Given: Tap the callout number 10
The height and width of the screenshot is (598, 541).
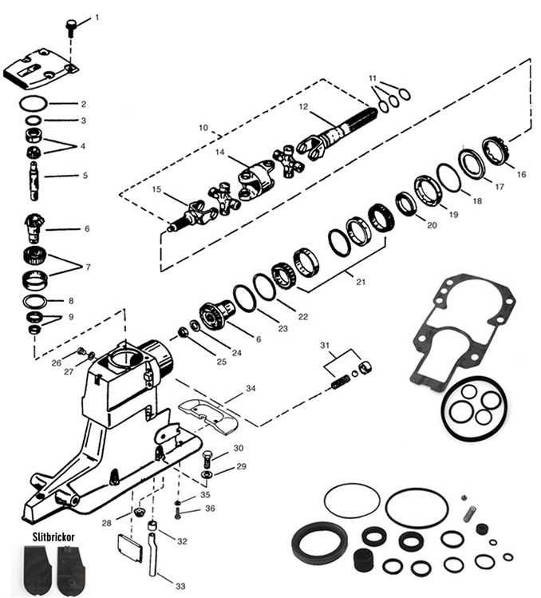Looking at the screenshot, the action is (203, 128).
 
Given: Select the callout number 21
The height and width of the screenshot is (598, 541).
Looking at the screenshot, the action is (361, 282).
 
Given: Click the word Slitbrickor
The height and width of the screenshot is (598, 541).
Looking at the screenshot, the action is (53, 537).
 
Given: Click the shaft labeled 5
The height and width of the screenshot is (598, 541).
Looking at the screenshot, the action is (34, 180).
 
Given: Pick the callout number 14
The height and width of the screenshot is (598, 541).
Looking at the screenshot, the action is (220, 152).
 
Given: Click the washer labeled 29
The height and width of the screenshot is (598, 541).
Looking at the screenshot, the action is (207, 474).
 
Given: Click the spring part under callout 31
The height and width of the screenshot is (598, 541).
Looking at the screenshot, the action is (341, 382).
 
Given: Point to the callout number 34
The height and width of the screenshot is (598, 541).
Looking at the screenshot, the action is (251, 389).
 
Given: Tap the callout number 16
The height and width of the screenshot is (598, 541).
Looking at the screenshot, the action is (521, 174).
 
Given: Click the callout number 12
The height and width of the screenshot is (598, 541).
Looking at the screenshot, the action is (303, 107).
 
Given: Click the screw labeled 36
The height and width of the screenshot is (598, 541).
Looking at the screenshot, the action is (178, 513).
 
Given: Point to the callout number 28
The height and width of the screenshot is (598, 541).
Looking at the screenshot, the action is (106, 523).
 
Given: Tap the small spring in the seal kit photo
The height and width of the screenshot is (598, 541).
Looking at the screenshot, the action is (469, 513).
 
